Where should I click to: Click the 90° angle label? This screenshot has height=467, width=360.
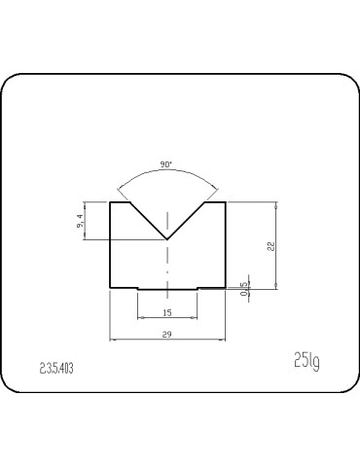[x=165, y=164]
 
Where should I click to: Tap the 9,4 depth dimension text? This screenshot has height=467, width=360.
[x=81, y=221]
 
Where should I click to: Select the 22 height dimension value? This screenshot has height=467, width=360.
[x=271, y=246]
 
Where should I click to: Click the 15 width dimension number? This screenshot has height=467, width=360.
[x=167, y=313]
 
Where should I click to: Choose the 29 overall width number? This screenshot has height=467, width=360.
[x=166, y=335]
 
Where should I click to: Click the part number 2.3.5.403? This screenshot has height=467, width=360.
[x=56, y=368]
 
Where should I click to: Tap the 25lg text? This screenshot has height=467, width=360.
[x=306, y=360]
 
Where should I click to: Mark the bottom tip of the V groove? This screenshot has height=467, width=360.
[x=166, y=239]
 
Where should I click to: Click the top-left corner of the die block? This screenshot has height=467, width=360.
[x=110, y=202]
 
